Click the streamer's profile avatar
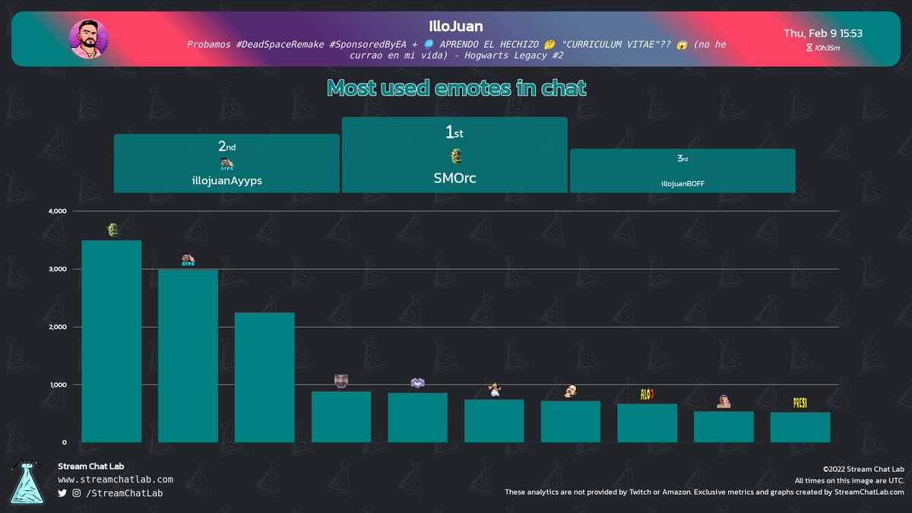point(89,39)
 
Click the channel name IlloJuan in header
point(455,27)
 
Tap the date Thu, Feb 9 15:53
point(822,33)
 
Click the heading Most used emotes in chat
point(456,88)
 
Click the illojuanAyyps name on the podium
point(226,182)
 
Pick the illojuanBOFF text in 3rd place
point(682,183)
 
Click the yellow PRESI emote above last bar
point(800,403)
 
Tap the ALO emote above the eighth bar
point(647,394)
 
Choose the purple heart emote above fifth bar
point(417,384)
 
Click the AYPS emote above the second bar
point(188,260)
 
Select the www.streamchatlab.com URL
point(116,480)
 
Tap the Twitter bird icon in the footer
point(62,493)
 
